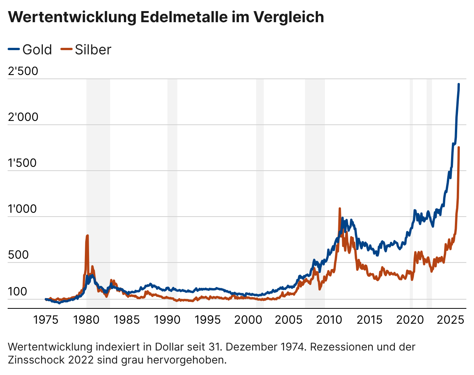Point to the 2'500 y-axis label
click(23, 71)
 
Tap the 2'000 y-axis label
click(23, 117)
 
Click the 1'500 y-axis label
click(22, 163)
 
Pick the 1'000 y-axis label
click(22, 209)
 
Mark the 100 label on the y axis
click(18, 292)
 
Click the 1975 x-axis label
click(46, 320)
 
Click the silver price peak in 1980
click(87, 236)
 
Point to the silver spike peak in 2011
click(339, 209)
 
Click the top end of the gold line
click(459, 84)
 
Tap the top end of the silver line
click(458, 147)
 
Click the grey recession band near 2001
click(260, 191)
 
